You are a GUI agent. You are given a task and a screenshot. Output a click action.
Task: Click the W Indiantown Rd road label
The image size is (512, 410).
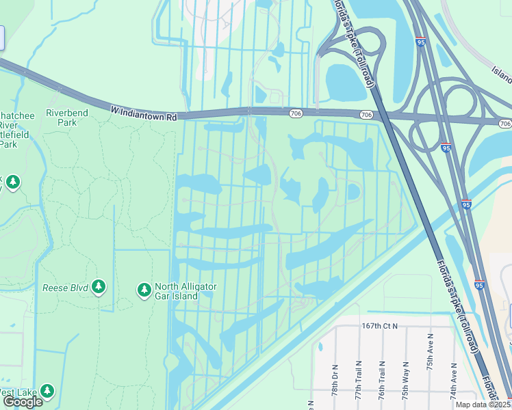point(143,113)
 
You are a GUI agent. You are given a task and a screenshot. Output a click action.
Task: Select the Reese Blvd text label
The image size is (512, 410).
point(65,288)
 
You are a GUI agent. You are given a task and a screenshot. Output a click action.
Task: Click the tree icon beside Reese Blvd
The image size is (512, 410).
point(99,287)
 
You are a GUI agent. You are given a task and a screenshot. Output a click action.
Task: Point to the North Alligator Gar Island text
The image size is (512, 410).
point(185,291)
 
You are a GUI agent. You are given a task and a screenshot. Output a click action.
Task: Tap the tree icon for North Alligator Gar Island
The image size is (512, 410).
point(144,291)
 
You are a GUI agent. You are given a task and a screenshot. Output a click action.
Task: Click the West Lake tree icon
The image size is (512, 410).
point(47,392)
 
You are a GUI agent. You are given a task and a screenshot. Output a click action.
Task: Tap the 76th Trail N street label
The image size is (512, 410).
point(382,384)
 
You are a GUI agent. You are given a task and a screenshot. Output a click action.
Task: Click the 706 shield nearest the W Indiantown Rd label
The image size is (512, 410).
point(295,113)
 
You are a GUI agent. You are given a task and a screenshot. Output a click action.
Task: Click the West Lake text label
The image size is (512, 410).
point(14,392)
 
